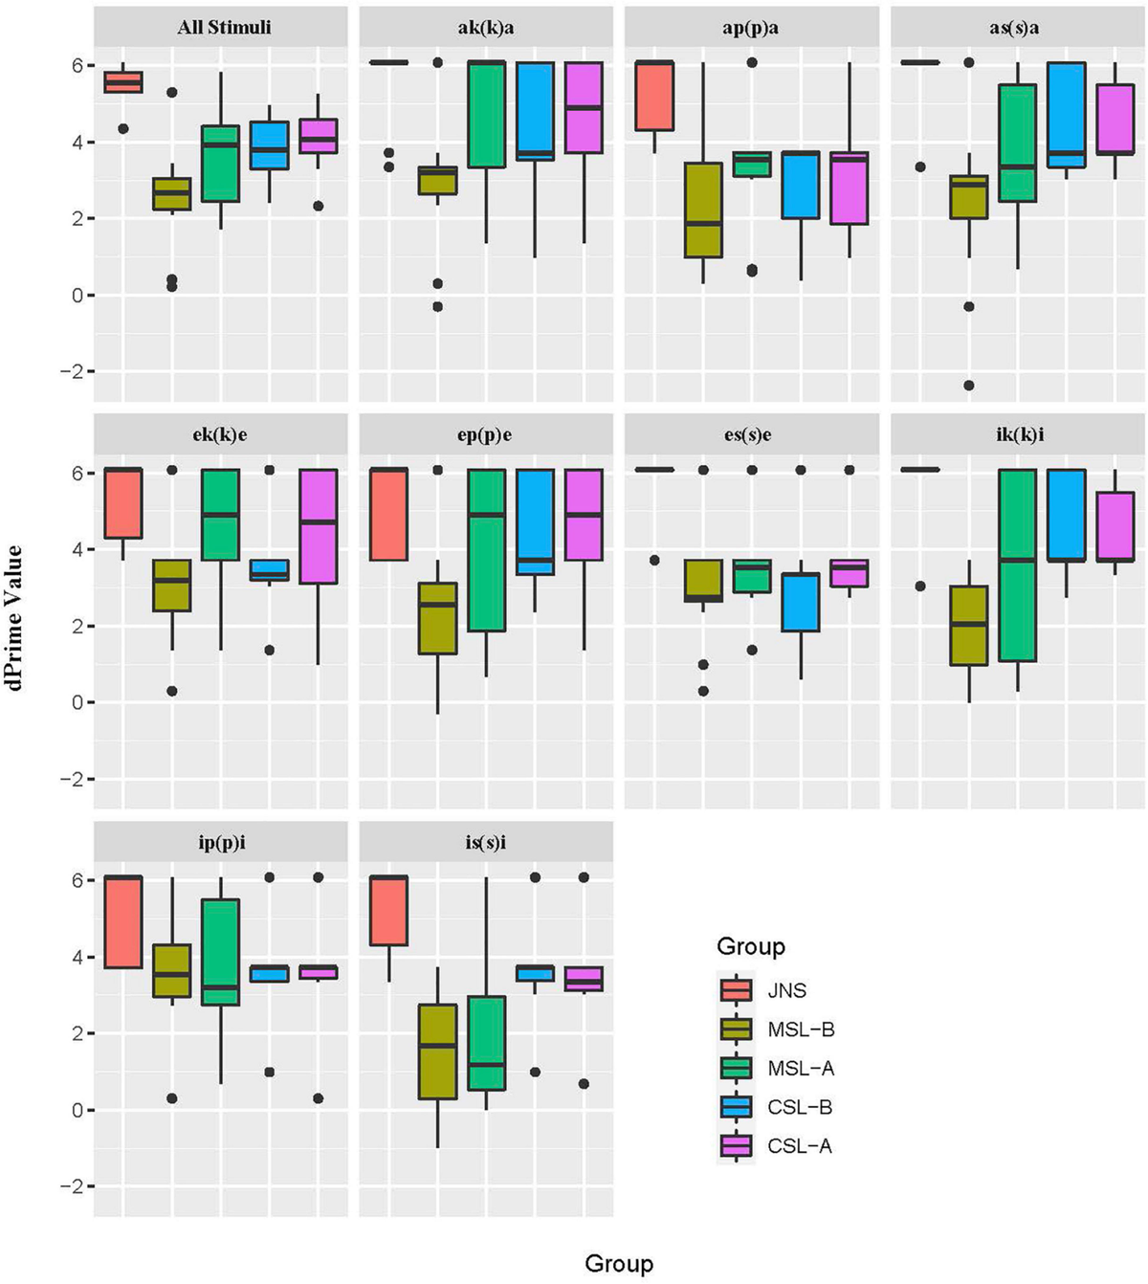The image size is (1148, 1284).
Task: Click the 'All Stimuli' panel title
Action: tap(224, 27)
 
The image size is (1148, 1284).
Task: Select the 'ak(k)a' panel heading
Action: tap(486, 27)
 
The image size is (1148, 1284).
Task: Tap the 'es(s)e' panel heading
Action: tap(751, 434)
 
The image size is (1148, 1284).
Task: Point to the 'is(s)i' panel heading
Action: tap(486, 842)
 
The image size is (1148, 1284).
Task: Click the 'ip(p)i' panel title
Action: tap(224, 842)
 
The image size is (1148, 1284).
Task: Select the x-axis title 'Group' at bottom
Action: tap(619, 1264)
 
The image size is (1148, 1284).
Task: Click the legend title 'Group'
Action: tap(750, 946)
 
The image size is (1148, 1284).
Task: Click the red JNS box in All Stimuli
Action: tap(123, 82)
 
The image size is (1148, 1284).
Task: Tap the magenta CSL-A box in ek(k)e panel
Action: tap(318, 526)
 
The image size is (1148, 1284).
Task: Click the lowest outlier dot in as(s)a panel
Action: tap(969, 386)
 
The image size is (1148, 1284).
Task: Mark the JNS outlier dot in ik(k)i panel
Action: tap(920, 586)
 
